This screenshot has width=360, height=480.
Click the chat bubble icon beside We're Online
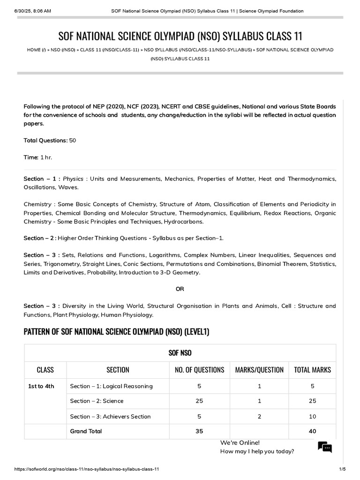[x=325, y=447]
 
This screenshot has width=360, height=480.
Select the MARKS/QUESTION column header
[x=259, y=370]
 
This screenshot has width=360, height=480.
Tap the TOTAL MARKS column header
[x=312, y=370]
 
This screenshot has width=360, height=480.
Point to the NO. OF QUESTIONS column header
[x=199, y=370]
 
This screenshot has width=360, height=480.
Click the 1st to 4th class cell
[x=41, y=386]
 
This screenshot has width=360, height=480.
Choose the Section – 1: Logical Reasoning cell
[x=111, y=386]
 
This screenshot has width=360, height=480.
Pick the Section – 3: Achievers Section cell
[x=110, y=416]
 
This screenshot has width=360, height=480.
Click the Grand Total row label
[x=86, y=431]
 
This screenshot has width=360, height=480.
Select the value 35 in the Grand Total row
[x=199, y=431]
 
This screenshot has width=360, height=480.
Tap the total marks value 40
[x=312, y=431]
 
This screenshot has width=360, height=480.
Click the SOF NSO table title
[x=180, y=352]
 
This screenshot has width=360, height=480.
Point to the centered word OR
[x=180, y=289]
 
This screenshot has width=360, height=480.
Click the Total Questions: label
[x=45, y=141]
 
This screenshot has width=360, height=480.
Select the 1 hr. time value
[x=46, y=157]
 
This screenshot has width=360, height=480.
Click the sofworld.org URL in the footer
[x=87, y=469]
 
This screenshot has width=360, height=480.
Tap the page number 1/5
[x=342, y=469]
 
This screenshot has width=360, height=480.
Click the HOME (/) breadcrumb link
[x=36, y=50]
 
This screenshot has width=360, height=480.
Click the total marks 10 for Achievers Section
[x=312, y=416]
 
